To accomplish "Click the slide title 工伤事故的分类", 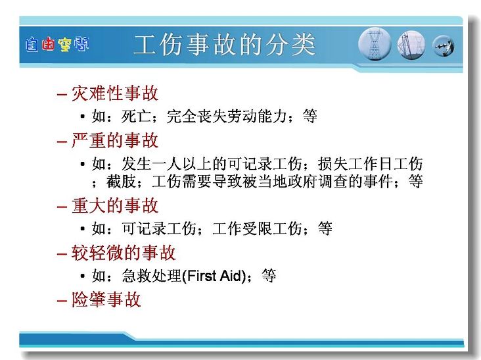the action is click(225, 45).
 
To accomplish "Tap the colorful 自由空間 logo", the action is click(57, 45).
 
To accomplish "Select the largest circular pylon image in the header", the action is click(375, 44).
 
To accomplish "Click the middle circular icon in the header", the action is click(411, 45).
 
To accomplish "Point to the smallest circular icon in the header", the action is click(444, 46).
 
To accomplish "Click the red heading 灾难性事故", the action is click(115, 93).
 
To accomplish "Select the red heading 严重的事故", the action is click(115, 141).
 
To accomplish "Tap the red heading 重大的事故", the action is click(115, 205).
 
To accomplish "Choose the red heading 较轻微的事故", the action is click(124, 253).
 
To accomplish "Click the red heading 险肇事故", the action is click(106, 299).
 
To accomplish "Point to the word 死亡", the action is click(136, 116).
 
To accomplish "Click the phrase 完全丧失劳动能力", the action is click(227, 116).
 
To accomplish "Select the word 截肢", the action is click(121, 181).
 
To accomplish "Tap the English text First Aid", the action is click(214, 276).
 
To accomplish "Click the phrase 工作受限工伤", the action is click(257, 228).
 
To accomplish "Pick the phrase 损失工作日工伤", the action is click(370, 164).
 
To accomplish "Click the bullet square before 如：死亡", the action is click(82, 116).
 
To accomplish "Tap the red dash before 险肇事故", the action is click(62, 300).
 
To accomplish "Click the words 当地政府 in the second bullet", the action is click(288, 181).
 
